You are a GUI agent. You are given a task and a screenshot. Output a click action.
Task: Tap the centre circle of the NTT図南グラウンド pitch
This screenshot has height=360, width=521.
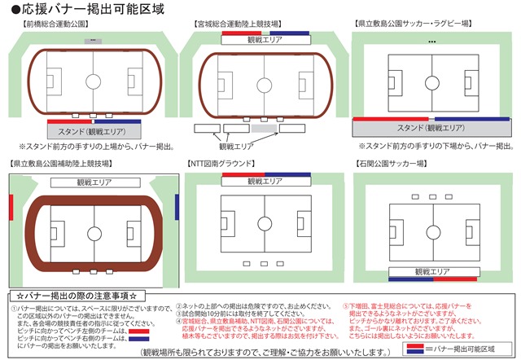point(264,222)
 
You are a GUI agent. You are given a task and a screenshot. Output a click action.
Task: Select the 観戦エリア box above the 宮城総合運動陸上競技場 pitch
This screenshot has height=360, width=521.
point(262,39)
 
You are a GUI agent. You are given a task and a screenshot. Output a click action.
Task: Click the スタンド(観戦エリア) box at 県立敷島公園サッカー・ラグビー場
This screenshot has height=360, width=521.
point(432,128)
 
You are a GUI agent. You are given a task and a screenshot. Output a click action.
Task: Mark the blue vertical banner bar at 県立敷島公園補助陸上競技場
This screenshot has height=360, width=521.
point(177,207)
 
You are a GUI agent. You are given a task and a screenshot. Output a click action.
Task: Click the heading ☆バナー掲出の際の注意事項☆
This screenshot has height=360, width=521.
point(81,295)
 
